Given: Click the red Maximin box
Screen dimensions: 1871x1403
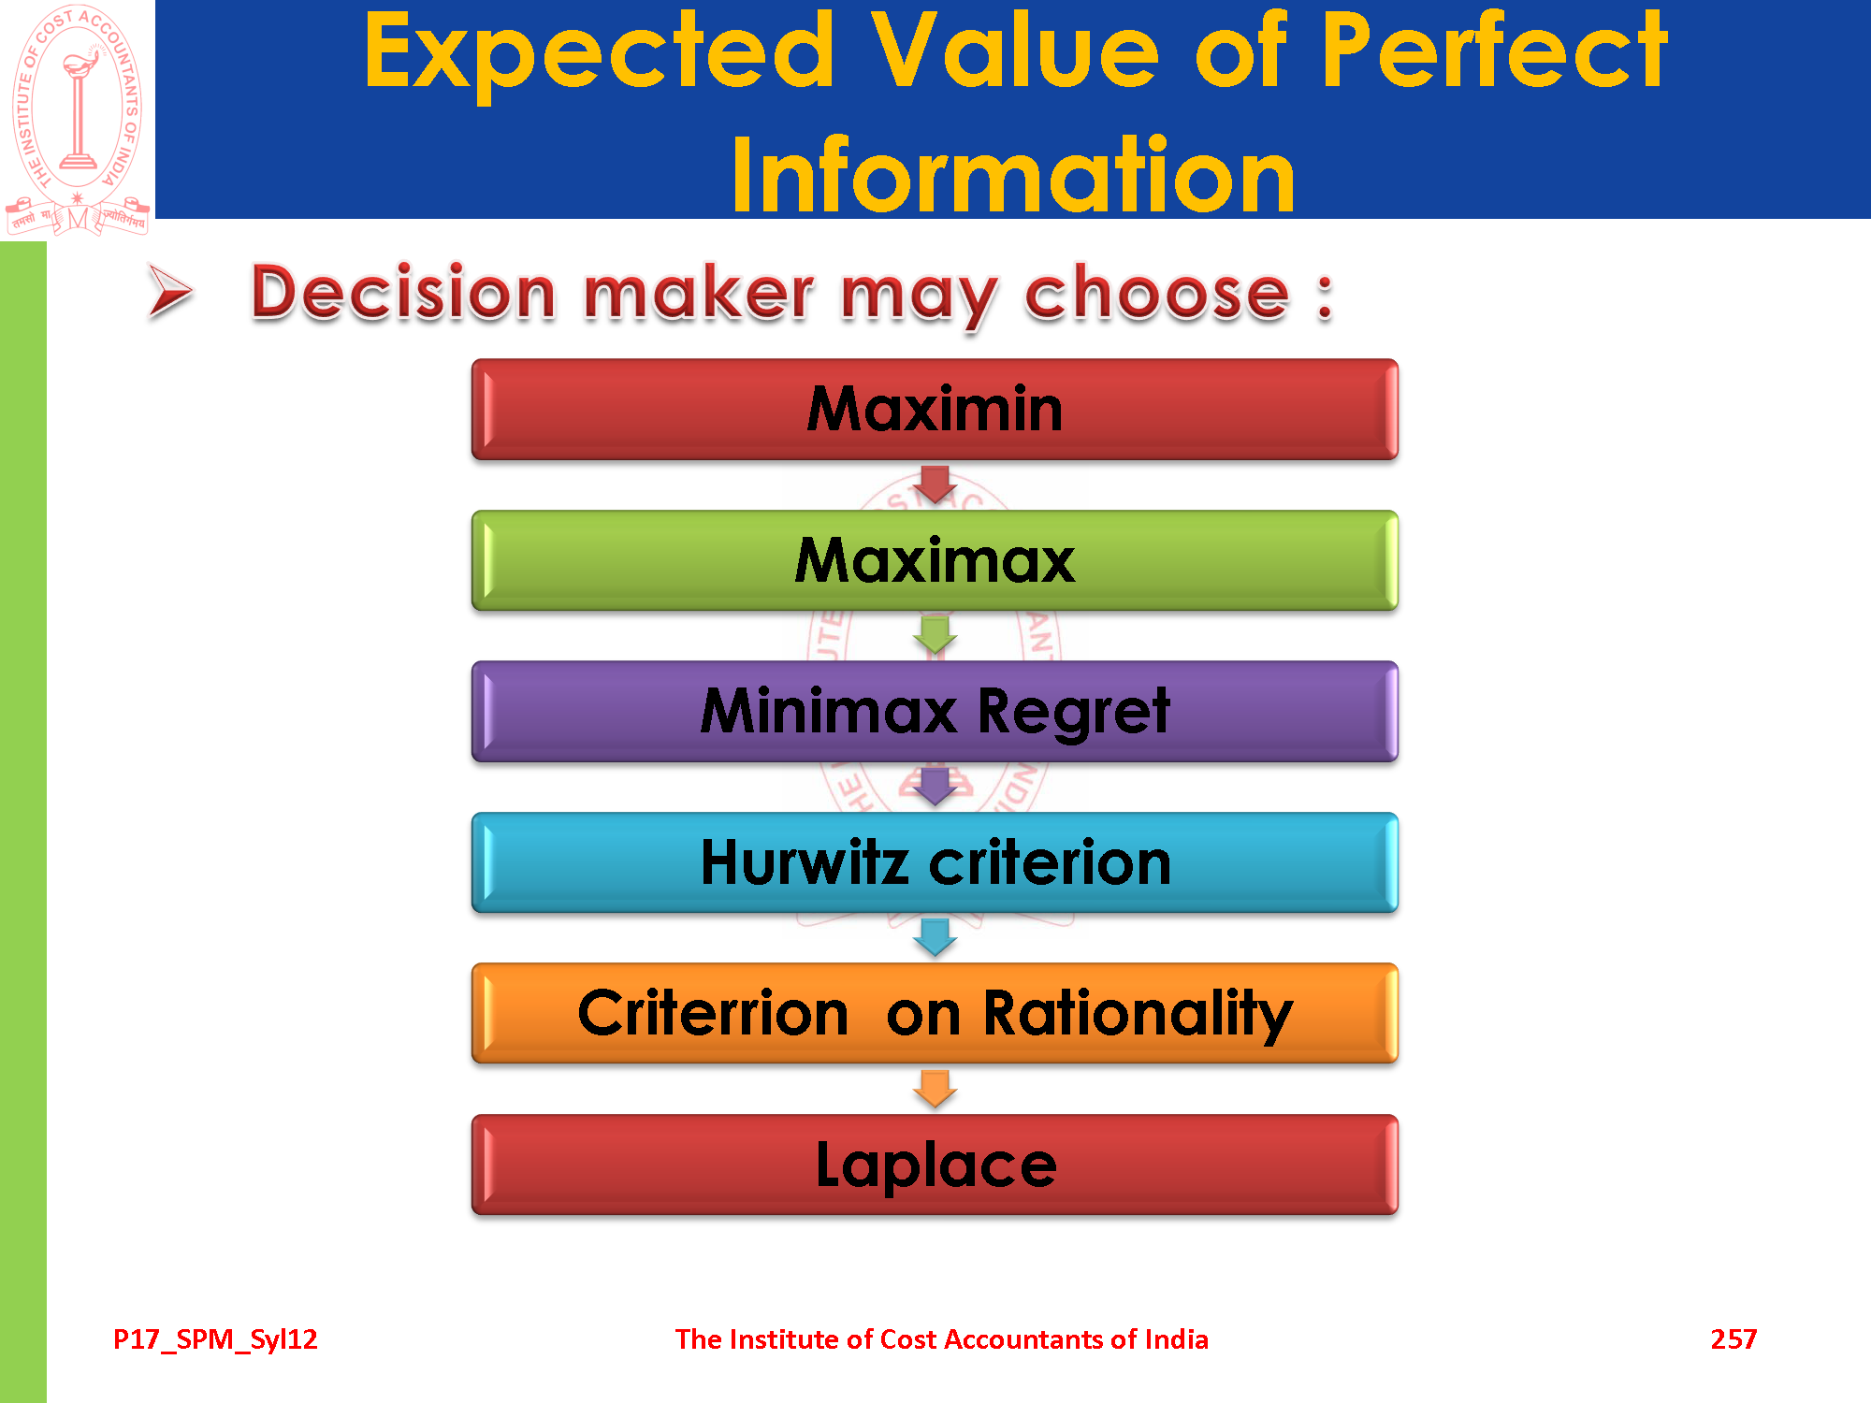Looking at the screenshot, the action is (x=935, y=410).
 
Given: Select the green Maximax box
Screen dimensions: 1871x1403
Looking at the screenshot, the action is (x=935, y=560).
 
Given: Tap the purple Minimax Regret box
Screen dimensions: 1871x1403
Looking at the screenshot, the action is (x=935, y=712).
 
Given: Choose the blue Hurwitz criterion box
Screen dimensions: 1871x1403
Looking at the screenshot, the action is (x=935, y=862).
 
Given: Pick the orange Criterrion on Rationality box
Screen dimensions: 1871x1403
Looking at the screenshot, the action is (x=935, y=1014).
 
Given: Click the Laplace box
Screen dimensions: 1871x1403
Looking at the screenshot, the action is (x=935, y=1164).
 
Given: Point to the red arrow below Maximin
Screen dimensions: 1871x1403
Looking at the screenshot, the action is (x=935, y=485).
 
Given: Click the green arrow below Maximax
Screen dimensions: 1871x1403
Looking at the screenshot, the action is (x=935, y=635).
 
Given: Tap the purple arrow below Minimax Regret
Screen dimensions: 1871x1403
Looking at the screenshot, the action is (x=935, y=787).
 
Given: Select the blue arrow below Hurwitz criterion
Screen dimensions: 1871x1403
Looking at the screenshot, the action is (x=935, y=937).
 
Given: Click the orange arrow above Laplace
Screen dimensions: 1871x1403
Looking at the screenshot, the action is (x=935, y=1089).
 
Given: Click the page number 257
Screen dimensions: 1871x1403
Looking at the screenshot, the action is (x=1733, y=1339).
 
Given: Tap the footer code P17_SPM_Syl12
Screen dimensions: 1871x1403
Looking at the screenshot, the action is (x=215, y=1340).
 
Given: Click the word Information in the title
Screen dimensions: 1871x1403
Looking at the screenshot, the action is (x=1013, y=175).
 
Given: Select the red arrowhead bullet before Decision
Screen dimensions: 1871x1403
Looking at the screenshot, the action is (x=170, y=292).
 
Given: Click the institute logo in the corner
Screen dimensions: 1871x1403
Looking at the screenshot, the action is (x=78, y=120).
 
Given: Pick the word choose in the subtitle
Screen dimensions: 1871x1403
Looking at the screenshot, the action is (x=1157, y=294).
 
